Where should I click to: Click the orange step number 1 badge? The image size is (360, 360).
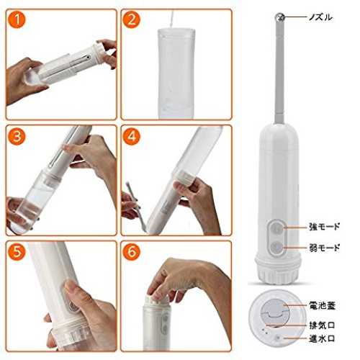click(17, 20)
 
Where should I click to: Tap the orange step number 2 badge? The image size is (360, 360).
click(132, 20)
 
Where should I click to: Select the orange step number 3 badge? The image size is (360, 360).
click(17, 136)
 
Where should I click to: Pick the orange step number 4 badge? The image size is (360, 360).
click(131, 136)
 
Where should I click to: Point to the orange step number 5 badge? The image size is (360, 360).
click(17, 252)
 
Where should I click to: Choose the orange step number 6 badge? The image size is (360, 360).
click(131, 252)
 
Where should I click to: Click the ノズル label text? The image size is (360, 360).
click(320, 17)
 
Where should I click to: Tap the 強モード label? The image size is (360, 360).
click(325, 226)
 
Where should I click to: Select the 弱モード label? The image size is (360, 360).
click(325, 247)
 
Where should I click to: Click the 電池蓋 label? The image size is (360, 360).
click(322, 305)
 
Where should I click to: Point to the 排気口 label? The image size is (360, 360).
click(322, 325)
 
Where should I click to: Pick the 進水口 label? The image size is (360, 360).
click(322, 338)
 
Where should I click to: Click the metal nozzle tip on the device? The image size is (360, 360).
click(279, 17)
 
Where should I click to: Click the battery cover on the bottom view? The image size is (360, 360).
click(274, 312)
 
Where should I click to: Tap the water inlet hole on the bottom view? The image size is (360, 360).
click(278, 338)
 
